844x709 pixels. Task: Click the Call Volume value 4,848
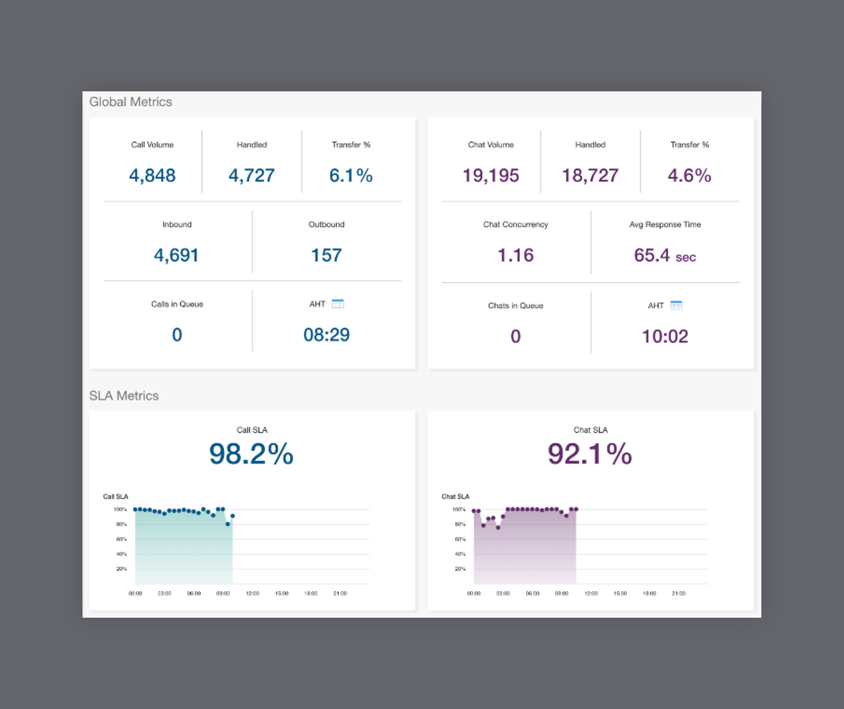point(152,175)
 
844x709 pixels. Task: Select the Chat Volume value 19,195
point(491,175)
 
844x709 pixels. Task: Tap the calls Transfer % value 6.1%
point(351,175)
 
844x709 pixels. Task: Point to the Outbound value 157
point(326,255)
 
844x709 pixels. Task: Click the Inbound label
point(177,224)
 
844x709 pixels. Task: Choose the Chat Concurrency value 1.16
point(515,255)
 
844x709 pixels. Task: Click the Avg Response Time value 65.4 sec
point(664,256)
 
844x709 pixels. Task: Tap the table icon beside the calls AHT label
point(338,304)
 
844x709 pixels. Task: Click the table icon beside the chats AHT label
point(676,306)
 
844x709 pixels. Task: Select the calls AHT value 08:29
point(326,335)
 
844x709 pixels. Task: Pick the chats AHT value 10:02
point(664,336)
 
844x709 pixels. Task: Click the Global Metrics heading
point(131,102)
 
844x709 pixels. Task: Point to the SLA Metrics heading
point(124,396)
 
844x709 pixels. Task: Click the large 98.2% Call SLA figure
point(251,454)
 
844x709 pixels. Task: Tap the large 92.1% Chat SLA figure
point(590,454)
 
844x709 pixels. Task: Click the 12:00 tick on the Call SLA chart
point(253,594)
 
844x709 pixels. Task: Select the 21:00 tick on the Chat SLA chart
point(678,594)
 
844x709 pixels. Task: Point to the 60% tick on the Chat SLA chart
point(460,539)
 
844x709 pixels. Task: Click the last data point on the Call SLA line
point(233,516)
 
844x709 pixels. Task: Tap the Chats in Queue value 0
point(515,336)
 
